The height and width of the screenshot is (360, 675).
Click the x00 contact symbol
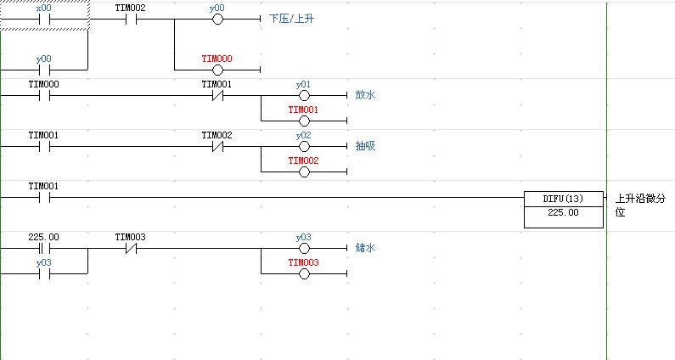pos(44,17)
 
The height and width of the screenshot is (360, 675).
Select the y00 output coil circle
pos(217,17)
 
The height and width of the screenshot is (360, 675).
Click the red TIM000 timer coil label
pos(217,59)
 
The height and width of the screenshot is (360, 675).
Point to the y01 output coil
pos(303,95)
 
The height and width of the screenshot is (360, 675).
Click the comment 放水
pos(365,95)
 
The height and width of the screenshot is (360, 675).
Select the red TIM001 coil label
pos(303,110)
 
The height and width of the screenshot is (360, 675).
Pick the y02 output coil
pos(303,146)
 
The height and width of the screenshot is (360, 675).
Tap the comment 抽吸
pos(365,146)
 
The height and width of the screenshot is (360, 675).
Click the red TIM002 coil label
pos(303,160)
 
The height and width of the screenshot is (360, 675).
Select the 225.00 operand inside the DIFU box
pos(565,213)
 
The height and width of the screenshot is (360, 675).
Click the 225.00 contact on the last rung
pos(44,249)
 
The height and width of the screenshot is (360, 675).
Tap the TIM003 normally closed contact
pos(130,249)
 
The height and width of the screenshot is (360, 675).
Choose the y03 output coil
pos(303,248)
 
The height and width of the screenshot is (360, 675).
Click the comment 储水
pos(365,248)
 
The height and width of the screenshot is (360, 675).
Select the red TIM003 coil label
pos(303,262)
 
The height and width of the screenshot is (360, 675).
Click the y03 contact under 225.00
pos(44,273)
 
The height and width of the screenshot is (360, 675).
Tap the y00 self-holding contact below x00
pos(44,70)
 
